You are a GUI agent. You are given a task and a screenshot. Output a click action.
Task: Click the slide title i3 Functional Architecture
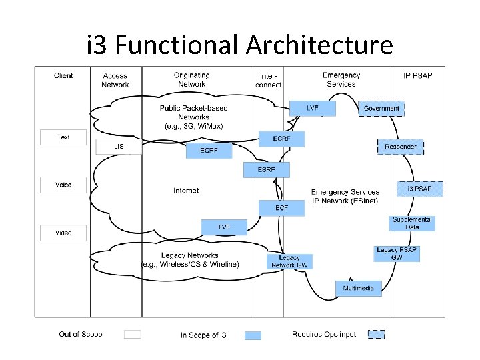point(240,45)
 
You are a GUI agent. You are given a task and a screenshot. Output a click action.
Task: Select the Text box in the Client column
point(63,137)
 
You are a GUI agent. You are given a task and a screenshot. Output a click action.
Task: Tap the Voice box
point(63,185)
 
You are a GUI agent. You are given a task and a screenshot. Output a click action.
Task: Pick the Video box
point(63,233)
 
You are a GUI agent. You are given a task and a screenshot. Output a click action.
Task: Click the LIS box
point(119,147)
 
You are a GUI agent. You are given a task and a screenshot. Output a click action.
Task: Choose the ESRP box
point(267,170)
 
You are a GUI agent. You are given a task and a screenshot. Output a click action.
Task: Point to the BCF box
point(282,208)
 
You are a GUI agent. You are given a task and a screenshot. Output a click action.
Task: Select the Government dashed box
point(381,108)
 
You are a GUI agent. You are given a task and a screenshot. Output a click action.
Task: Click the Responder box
point(401,147)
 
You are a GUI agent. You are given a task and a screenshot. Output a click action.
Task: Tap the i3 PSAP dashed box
point(419,189)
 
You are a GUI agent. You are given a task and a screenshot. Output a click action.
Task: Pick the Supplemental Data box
point(412,223)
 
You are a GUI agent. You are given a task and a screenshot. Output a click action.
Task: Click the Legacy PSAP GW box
point(397,254)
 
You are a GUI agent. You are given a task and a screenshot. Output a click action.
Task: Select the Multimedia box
point(359,288)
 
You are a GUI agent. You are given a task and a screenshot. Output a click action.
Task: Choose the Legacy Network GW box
point(289,261)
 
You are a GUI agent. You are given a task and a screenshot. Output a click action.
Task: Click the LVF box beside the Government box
point(312,108)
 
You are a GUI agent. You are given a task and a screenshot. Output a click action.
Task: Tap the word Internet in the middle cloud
point(186,191)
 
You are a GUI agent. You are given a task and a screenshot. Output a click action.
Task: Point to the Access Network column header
point(115,80)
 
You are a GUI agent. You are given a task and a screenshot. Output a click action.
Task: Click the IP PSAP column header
point(418,75)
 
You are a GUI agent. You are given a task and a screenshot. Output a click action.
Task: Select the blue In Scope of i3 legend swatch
point(253,335)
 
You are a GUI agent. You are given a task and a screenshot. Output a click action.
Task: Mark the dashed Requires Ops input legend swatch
point(376,335)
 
